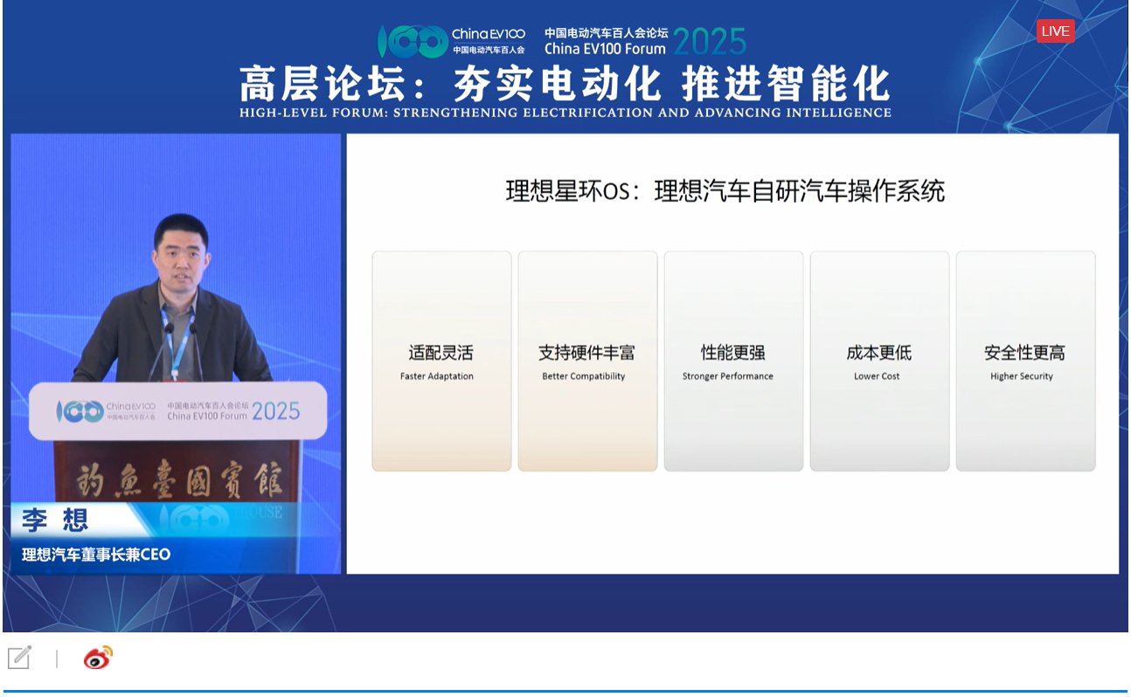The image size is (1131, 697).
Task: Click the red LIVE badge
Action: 1055,31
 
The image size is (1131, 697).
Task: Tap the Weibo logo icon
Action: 98,659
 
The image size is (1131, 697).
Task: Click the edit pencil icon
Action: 19,658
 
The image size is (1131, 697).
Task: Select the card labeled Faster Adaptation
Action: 441,361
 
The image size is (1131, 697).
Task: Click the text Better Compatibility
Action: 584,376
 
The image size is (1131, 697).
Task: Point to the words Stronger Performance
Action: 727,376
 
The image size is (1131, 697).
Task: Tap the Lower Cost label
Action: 877,376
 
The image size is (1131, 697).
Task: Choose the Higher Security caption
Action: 1021,376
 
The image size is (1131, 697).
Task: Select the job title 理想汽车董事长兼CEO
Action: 96,555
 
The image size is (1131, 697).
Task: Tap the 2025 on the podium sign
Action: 275,411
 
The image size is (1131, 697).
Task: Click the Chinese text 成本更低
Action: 878,353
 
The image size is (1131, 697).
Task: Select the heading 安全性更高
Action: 1024,353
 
